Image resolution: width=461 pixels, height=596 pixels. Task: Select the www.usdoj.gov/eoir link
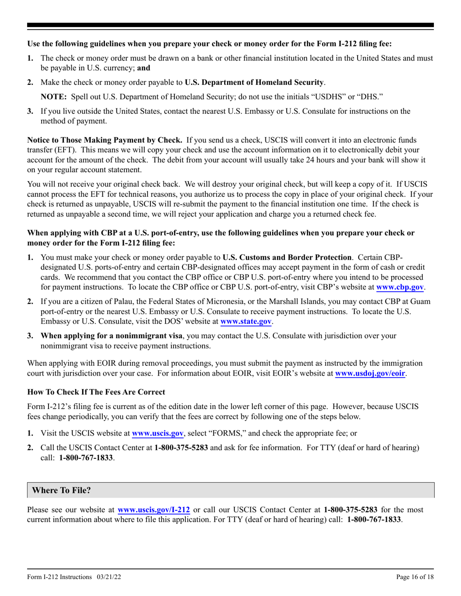(370, 374)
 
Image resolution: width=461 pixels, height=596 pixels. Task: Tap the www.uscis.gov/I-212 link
(154, 510)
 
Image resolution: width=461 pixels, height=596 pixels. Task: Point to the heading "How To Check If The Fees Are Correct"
(96, 392)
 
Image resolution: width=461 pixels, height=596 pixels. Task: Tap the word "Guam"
(422, 301)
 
